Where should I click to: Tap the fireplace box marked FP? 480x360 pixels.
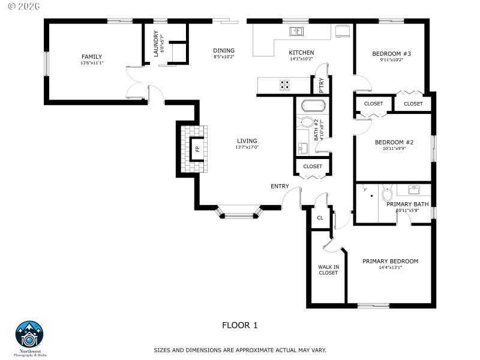pos(196,148)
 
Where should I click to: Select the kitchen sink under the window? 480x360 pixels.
pos(296,31)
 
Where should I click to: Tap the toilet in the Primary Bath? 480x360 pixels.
pos(387,194)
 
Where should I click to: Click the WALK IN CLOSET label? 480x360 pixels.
pos(328,269)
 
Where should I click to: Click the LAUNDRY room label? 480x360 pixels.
pos(155,43)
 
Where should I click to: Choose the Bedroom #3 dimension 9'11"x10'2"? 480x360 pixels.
pos(391,60)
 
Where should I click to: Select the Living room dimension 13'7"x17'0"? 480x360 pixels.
pos(247,148)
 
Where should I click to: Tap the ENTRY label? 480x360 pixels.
pos(280,187)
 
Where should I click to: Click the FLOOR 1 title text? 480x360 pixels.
pos(239,325)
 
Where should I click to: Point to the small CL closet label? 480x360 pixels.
pos(320,218)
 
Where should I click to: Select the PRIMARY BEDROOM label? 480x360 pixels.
pos(390,261)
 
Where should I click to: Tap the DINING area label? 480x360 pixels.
pos(224,50)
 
